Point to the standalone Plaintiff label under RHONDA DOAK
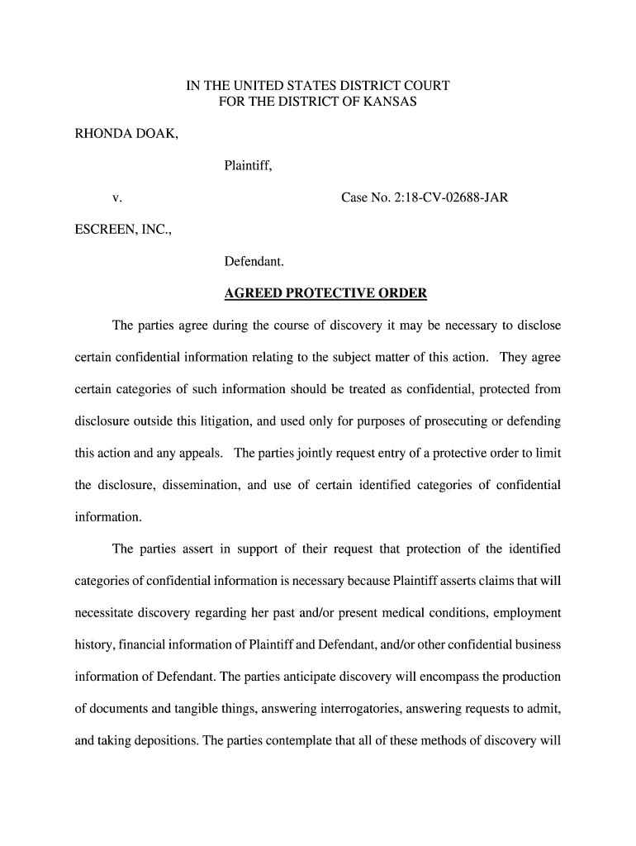(x=248, y=166)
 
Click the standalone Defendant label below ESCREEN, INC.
(x=254, y=262)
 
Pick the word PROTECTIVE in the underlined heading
(x=327, y=294)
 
